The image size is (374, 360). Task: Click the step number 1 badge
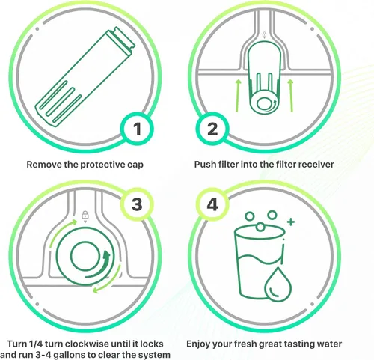coord(137,129)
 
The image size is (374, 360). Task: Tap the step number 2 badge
coord(212,129)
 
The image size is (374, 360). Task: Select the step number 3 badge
coord(137,204)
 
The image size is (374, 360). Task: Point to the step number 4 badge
coord(212,204)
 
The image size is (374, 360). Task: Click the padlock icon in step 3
coord(85,215)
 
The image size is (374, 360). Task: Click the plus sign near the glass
coord(291,222)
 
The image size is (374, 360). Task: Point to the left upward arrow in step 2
coord(238,96)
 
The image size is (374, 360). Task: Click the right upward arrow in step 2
coord(291,96)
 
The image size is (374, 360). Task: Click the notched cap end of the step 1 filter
coord(121,40)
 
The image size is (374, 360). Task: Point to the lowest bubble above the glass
coord(260,227)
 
